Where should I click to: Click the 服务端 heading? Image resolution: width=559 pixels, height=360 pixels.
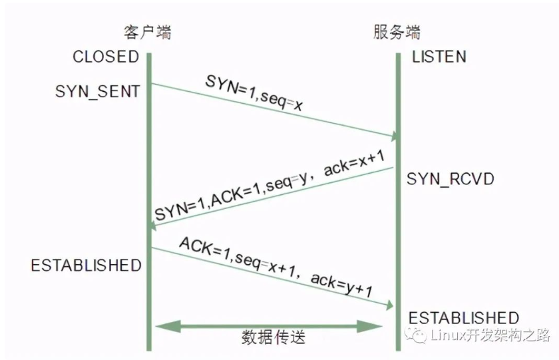pyautogui.click(x=397, y=32)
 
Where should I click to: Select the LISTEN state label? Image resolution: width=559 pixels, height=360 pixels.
pyautogui.click(x=439, y=57)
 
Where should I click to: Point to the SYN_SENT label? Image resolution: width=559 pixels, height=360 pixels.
pyautogui.click(x=97, y=91)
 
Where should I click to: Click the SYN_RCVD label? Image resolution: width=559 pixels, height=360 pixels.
pyautogui.click(x=451, y=179)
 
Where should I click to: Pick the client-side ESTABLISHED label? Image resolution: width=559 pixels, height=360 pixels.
pyautogui.click(x=86, y=266)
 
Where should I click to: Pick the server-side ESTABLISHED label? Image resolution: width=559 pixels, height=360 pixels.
pyautogui.click(x=464, y=317)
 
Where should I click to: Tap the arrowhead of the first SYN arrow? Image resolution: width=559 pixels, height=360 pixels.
pyautogui.click(x=394, y=136)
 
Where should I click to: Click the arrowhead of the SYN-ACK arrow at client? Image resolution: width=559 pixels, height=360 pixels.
pyautogui.click(x=154, y=226)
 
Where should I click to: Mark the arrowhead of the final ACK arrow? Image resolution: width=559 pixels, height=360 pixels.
pyautogui.click(x=390, y=305)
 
